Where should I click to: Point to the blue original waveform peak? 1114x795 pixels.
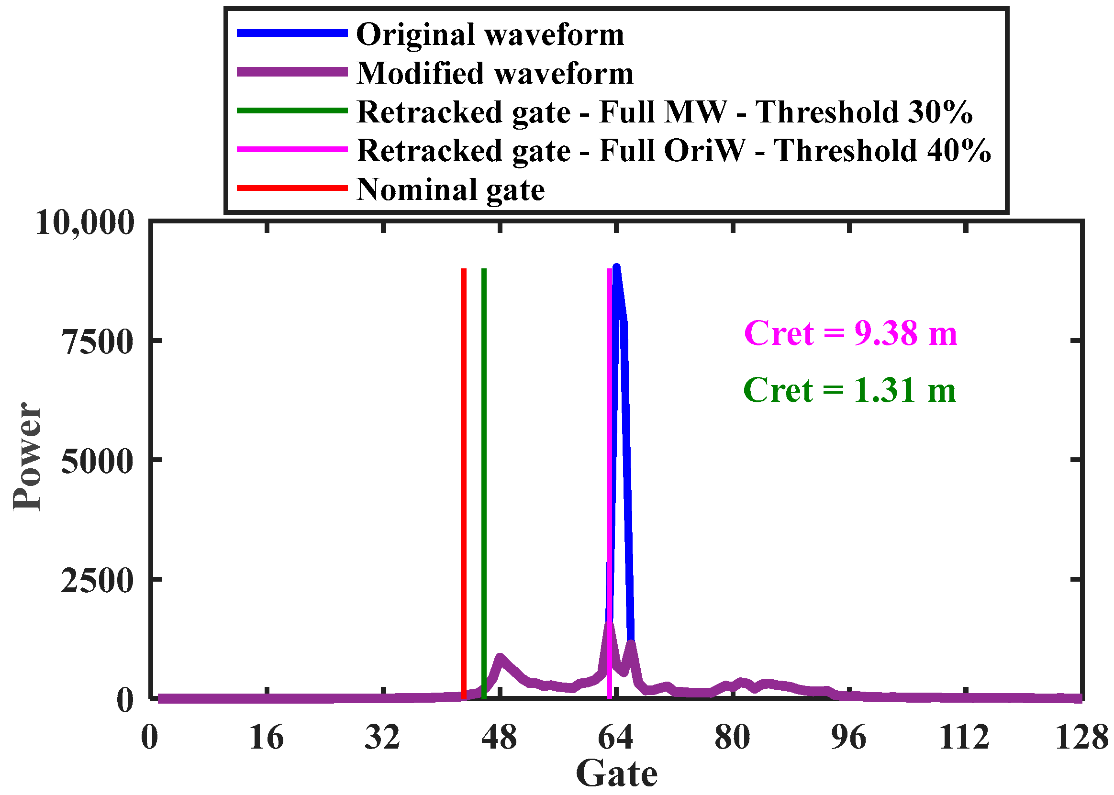[x=616, y=268]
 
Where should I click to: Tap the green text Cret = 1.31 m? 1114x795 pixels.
[x=849, y=390]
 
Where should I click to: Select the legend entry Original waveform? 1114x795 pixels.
[x=490, y=35]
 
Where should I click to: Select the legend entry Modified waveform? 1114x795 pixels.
[x=495, y=74]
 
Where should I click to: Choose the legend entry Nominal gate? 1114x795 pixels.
[x=450, y=189]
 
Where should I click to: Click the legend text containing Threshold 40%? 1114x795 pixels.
[x=674, y=150]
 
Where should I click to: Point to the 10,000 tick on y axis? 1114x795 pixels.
[x=85, y=223]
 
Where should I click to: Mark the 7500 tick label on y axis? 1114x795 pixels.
[x=97, y=342]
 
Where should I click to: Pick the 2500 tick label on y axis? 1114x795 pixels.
[x=97, y=581]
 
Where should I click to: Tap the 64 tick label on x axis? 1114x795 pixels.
[x=615, y=737]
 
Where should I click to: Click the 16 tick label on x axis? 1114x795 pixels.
[x=266, y=737]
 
